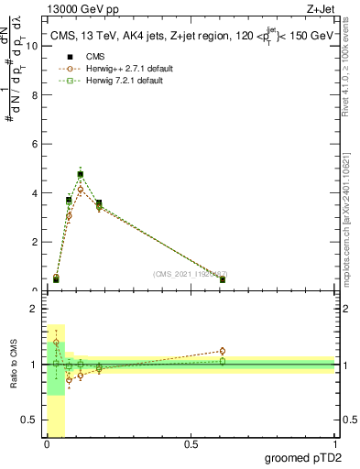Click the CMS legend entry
point(83,57)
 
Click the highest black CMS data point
point(81,174)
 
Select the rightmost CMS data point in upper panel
point(223,279)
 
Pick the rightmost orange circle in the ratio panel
point(223,351)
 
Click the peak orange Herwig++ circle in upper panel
point(81,190)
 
